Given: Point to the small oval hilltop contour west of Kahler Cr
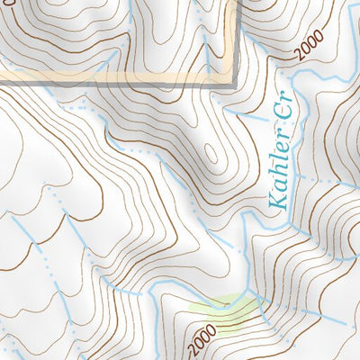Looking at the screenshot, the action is pos(212,153).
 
